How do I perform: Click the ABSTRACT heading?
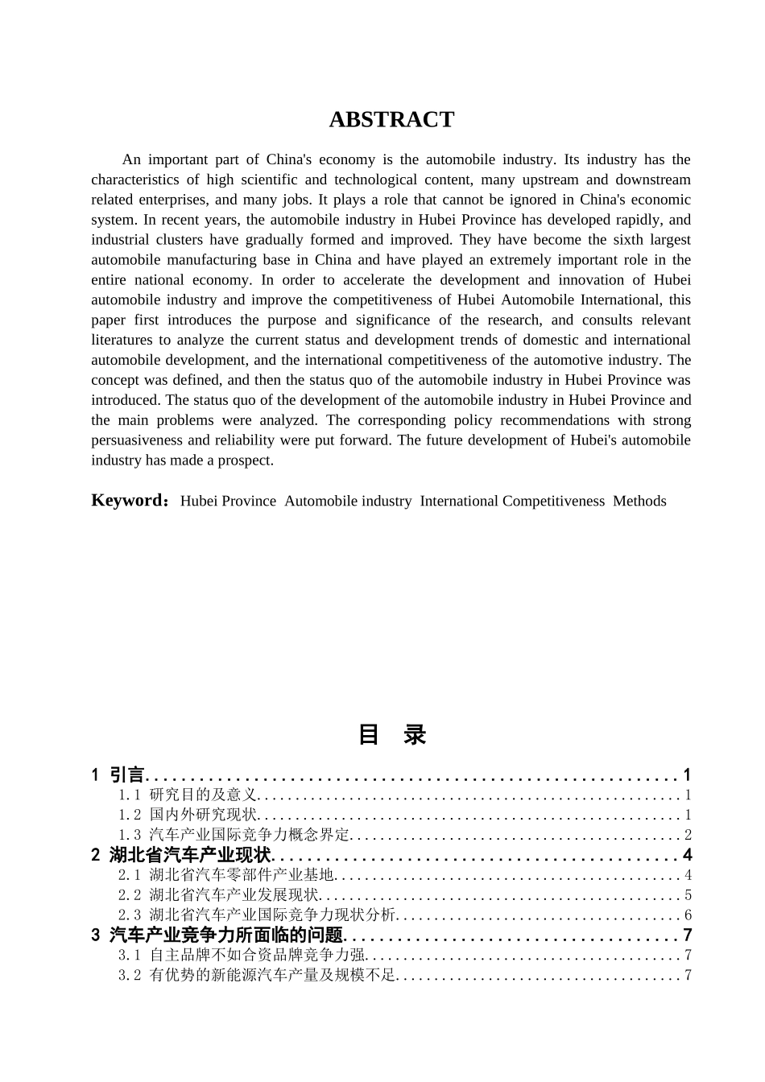click(391, 120)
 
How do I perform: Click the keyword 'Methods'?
click(639, 502)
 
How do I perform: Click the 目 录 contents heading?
click(391, 734)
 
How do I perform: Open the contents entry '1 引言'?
click(118, 775)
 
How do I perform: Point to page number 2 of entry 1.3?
click(688, 836)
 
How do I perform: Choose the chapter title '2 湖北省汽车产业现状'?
click(181, 855)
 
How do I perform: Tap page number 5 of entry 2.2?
click(688, 895)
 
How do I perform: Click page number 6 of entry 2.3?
click(688, 915)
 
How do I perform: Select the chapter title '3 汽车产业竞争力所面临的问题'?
click(217, 935)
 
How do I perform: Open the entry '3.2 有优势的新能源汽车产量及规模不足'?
click(258, 976)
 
